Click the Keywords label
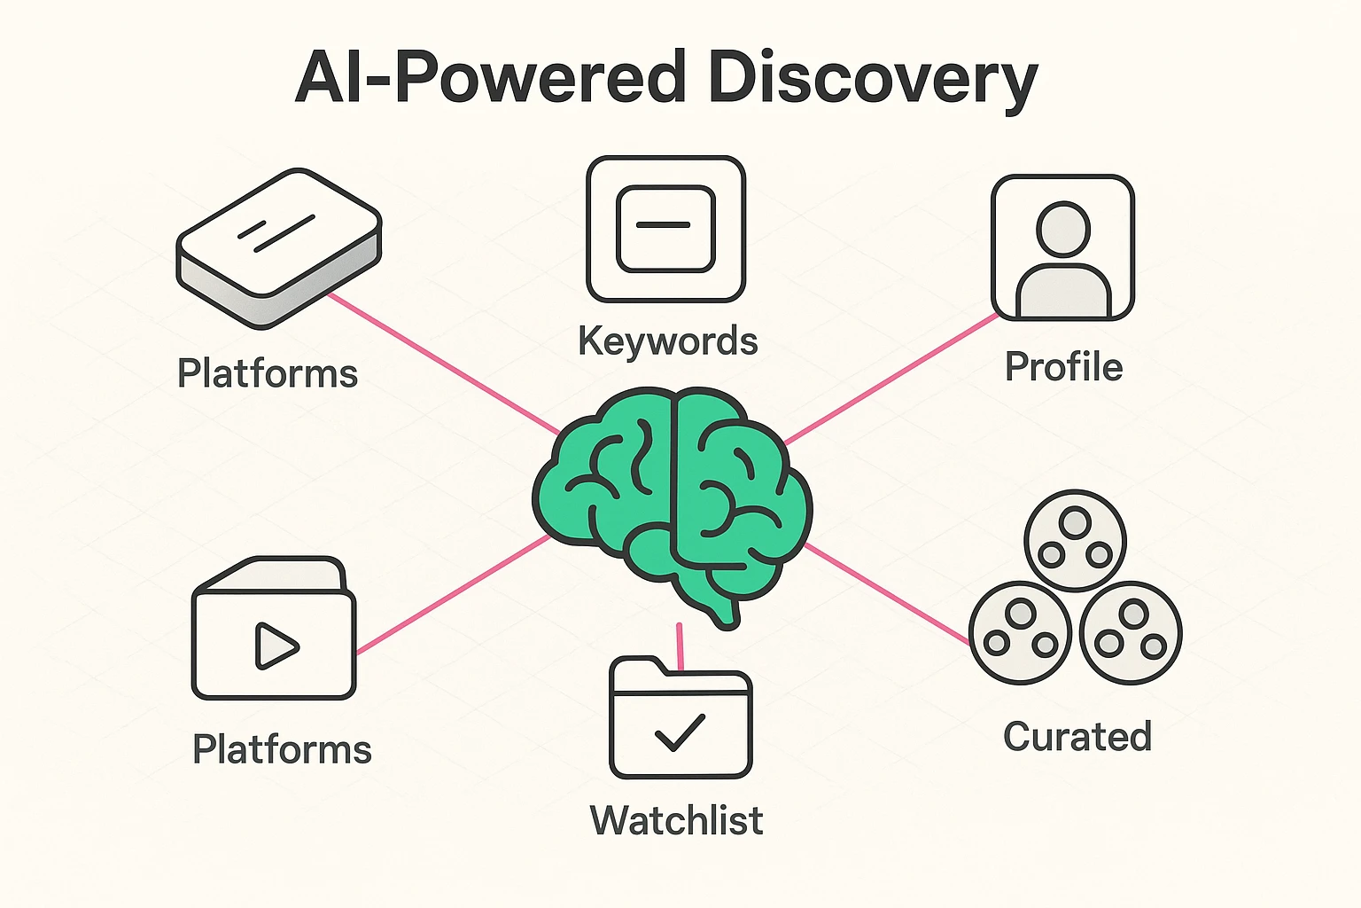(667, 341)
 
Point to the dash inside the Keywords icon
(664, 225)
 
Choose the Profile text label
(1063, 367)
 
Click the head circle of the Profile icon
(1063, 229)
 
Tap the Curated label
(1077, 737)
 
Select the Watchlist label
(676, 820)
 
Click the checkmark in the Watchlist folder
(679, 732)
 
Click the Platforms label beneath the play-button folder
(282, 749)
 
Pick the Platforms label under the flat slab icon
(268, 373)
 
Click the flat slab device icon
(278, 247)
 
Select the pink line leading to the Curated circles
(886, 593)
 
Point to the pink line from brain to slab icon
(443, 362)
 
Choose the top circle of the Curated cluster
(1075, 539)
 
